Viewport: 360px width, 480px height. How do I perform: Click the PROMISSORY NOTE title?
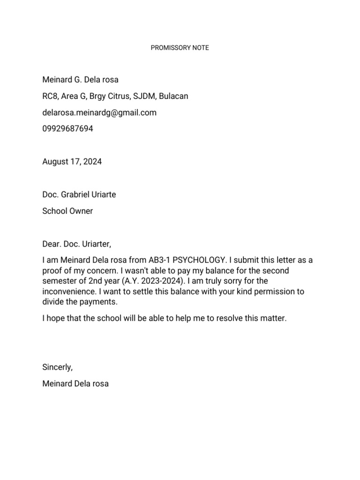click(180, 48)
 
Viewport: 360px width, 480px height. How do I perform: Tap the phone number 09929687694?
click(67, 128)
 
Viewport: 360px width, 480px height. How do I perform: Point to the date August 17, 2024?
click(72, 162)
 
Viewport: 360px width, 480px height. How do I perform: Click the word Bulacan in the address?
click(173, 96)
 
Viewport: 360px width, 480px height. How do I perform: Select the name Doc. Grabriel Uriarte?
click(79, 195)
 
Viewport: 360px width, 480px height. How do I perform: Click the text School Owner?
click(67, 211)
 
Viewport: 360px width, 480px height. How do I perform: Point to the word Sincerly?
click(57, 367)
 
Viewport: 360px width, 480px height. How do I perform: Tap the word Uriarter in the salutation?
click(96, 244)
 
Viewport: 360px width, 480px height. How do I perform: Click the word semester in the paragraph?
click(59, 281)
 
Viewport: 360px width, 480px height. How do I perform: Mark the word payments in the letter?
click(99, 302)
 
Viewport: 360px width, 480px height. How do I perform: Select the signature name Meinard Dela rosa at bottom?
click(75, 383)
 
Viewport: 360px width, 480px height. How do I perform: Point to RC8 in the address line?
click(49, 96)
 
